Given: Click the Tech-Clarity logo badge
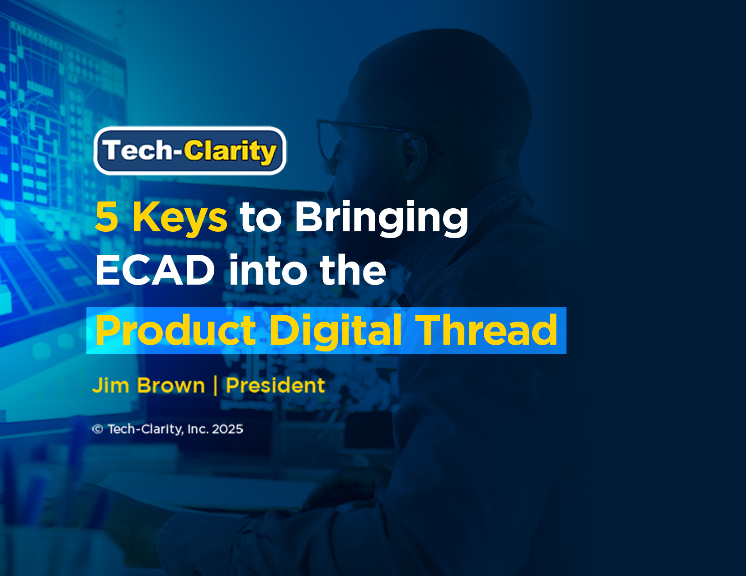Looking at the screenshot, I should click(x=190, y=150).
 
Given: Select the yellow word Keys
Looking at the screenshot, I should click(x=179, y=218).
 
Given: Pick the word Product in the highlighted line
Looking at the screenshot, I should click(x=176, y=330).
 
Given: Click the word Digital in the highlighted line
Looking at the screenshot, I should click(x=335, y=330).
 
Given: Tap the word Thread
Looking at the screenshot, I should click(x=486, y=330).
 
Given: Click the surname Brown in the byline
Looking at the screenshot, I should click(x=171, y=385).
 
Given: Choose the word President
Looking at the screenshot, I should click(x=275, y=385).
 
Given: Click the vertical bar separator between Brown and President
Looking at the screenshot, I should click(x=215, y=385).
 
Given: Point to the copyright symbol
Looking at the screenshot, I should click(x=98, y=429).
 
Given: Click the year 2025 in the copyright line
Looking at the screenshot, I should click(x=227, y=429).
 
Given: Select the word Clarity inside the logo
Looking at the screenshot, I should click(x=230, y=151).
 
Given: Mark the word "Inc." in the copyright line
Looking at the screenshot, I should click(x=198, y=429).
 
